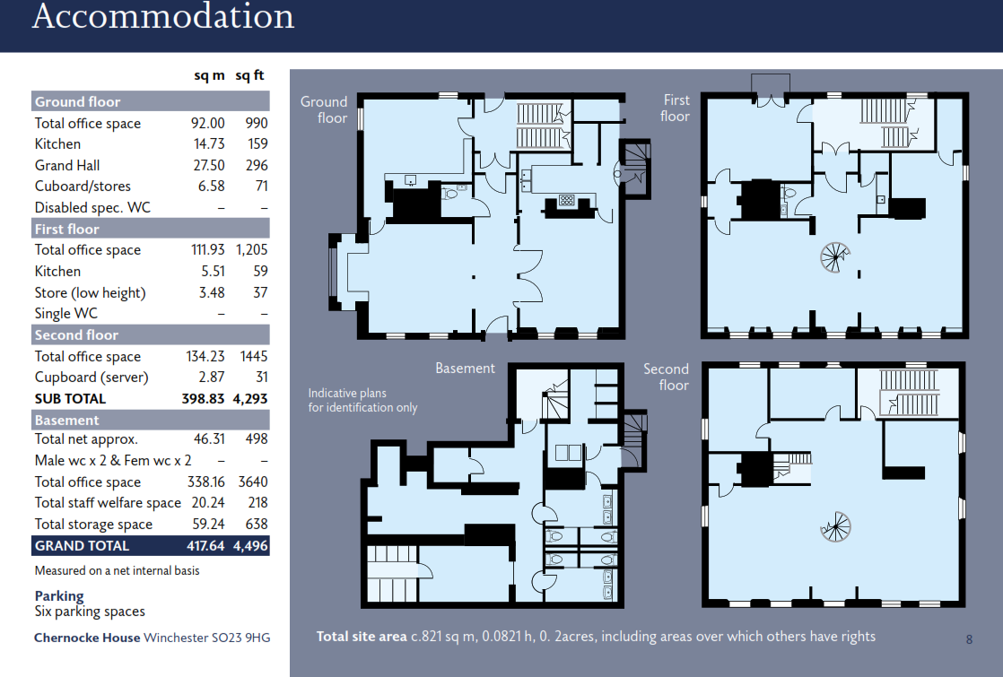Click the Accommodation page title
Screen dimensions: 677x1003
(162, 17)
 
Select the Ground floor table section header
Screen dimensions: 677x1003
(77, 101)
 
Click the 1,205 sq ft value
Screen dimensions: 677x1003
(251, 250)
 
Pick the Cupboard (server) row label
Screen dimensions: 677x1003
(92, 378)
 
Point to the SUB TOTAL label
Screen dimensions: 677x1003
(70, 398)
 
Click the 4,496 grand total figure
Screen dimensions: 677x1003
(251, 545)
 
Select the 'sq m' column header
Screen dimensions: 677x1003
(209, 76)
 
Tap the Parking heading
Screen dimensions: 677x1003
(59, 595)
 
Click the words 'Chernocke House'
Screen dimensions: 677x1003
(87, 638)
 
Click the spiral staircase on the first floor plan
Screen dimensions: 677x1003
(833, 257)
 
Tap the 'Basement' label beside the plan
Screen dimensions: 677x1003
(465, 368)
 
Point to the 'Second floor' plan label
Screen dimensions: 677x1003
(666, 377)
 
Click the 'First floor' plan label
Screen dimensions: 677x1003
(676, 108)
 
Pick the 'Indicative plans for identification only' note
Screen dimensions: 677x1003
(362, 400)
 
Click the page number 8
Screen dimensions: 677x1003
(969, 639)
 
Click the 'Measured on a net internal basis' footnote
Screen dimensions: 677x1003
(117, 570)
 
